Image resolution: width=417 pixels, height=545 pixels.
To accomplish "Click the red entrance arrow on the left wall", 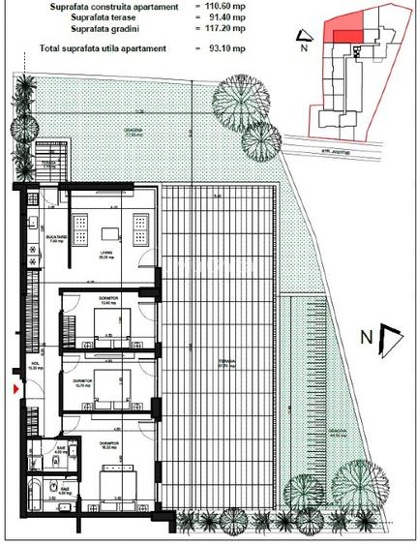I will (14, 389).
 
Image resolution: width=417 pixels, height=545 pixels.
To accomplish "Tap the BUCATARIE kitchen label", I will (55, 238).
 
